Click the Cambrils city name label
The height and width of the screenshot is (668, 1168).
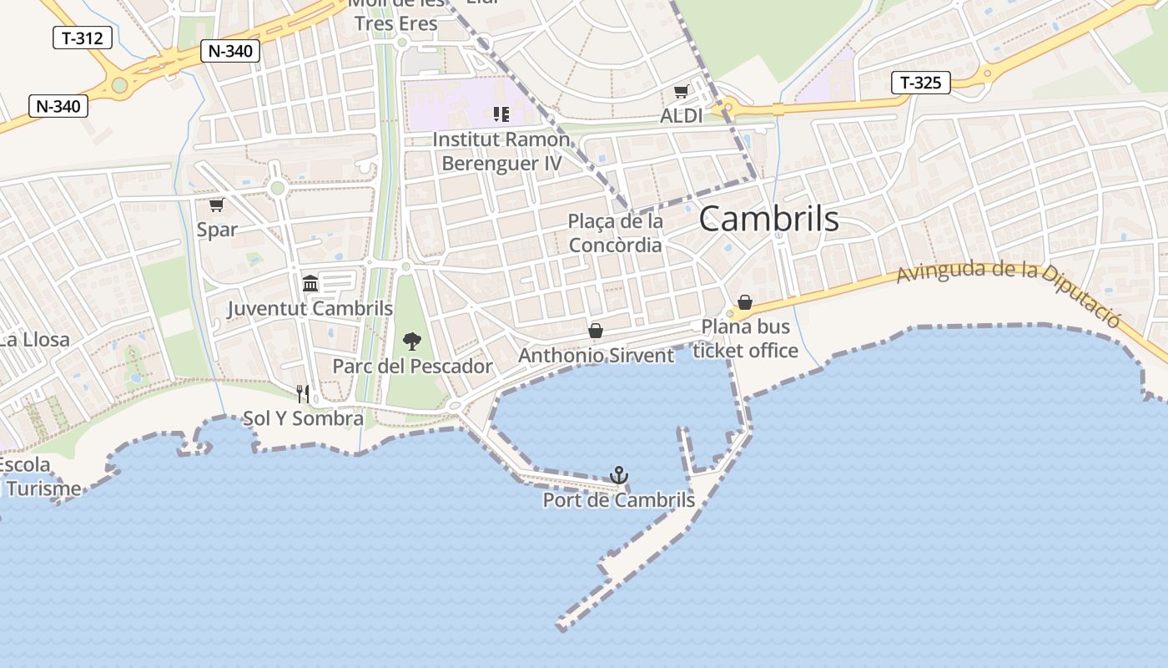pos(768,219)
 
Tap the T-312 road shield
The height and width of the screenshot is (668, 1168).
pos(83,38)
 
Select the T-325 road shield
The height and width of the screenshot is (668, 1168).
pos(921,83)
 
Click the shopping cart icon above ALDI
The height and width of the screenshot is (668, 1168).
pos(681,92)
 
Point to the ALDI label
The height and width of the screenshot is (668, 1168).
pos(681,116)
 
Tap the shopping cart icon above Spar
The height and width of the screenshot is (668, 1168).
pos(216,205)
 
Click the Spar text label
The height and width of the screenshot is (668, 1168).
pos(217,230)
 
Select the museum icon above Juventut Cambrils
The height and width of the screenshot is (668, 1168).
pos(310,283)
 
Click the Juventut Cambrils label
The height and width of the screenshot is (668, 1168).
pos(310,309)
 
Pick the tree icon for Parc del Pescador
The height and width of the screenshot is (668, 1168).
pos(411,341)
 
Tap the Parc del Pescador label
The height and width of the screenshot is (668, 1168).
pos(412,367)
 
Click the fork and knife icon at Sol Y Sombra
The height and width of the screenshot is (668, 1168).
pos(303,393)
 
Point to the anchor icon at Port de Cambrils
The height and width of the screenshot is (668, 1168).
pos(618,475)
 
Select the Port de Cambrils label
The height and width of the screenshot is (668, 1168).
pos(618,500)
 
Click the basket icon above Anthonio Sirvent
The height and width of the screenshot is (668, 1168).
pos(596,331)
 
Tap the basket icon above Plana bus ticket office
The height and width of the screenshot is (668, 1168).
pos(745,302)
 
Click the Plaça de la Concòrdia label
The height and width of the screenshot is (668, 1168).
pos(616,233)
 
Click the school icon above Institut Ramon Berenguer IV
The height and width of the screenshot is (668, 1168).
pos(501,114)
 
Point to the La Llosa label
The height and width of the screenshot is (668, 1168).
pos(33,340)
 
